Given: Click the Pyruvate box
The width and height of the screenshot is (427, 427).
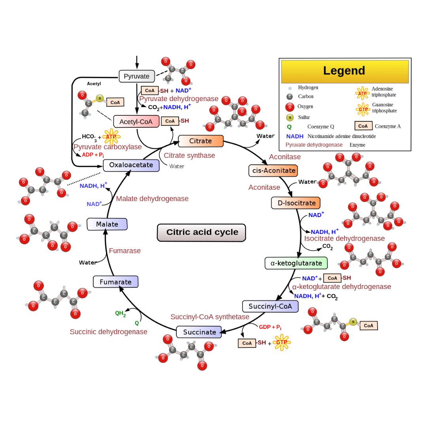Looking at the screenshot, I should click(137, 76).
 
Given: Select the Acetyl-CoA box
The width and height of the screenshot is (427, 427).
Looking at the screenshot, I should click(136, 121).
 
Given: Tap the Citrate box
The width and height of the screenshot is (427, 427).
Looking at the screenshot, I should click(201, 141).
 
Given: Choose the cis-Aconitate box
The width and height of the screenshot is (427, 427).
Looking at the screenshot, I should click(273, 170).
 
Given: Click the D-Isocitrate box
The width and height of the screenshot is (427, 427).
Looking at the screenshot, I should click(296, 203).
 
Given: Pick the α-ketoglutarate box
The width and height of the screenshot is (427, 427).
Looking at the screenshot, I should click(296, 263).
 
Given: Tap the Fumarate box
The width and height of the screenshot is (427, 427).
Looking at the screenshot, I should click(115, 282).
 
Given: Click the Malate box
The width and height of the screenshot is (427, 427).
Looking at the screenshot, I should click(107, 224).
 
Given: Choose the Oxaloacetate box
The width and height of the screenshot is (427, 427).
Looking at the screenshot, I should click(131, 165).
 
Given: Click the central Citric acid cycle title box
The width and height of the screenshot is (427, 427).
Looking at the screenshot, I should click(202, 232).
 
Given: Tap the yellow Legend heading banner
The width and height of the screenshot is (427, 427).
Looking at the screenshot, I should click(344, 71).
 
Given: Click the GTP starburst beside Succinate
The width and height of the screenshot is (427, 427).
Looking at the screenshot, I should click(282, 342).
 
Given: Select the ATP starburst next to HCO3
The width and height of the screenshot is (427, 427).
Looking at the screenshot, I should click(111, 137).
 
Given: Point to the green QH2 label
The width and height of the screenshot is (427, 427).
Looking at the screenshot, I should click(121, 314).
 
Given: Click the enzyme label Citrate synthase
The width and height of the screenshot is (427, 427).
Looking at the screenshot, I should click(189, 155).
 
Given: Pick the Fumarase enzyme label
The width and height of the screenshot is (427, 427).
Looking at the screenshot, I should click(125, 251).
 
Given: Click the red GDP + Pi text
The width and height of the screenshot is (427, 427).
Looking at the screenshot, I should click(270, 327).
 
